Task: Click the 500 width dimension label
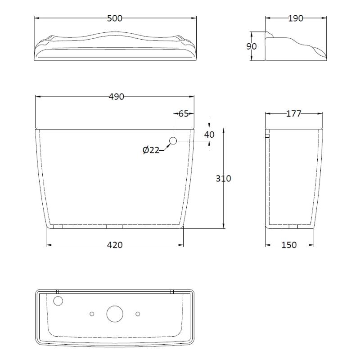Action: [115, 18]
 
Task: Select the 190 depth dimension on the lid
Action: [296, 18]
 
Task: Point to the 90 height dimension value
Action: [252, 46]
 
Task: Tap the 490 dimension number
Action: [116, 96]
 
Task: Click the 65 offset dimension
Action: [184, 113]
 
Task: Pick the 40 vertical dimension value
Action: [209, 134]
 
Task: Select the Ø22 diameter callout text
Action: [151, 150]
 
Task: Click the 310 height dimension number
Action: [223, 178]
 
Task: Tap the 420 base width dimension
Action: [115, 245]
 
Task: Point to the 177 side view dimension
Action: [294, 113]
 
